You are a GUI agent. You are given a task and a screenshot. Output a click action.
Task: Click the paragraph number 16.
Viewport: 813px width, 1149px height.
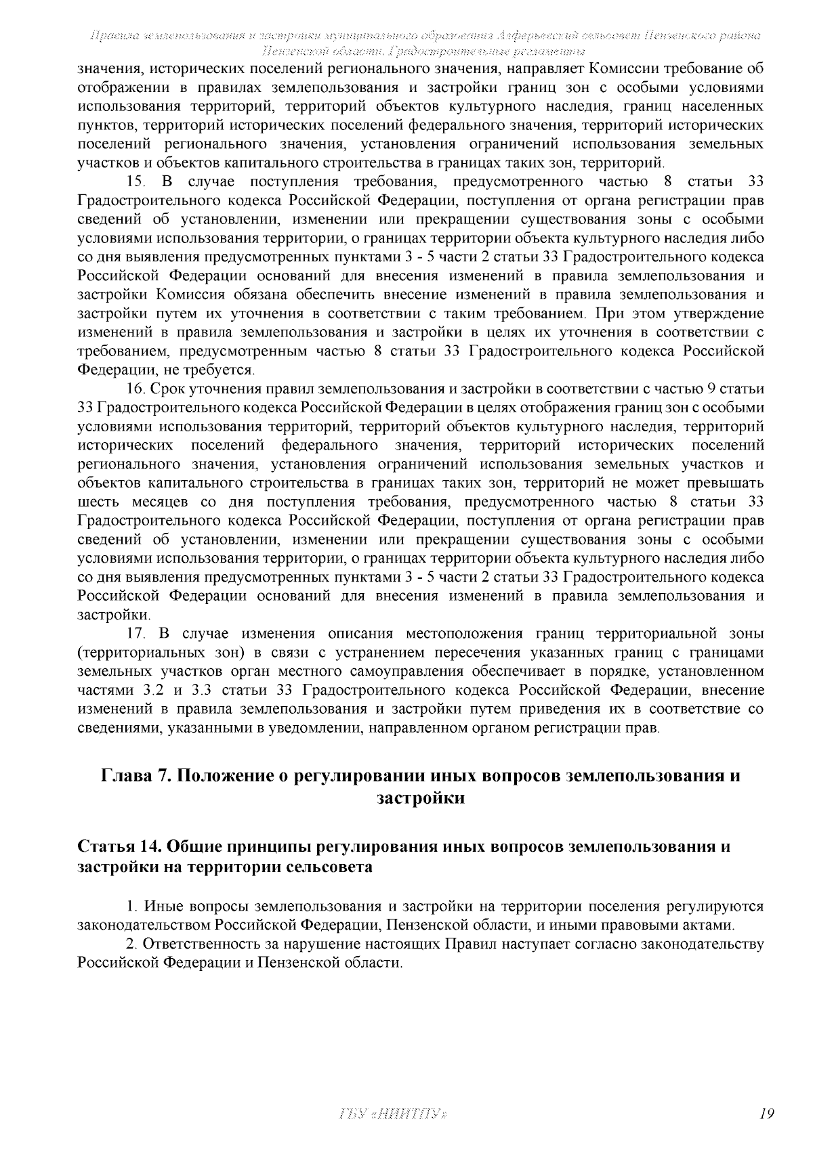136,389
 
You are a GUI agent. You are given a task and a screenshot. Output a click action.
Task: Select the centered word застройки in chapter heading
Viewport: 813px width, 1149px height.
420,798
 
